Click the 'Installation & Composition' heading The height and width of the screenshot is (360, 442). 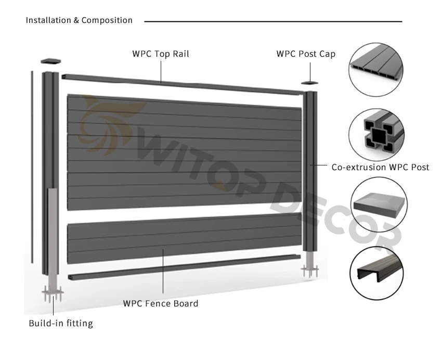coord(79,20)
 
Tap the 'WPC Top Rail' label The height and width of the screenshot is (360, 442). coord(160,54)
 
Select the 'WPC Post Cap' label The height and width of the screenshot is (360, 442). coord(306,54)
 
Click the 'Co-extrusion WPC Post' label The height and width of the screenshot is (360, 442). coord(380,168)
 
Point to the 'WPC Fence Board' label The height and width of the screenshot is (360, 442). coord(160,303)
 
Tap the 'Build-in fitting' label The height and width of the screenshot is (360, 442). coord(60,324)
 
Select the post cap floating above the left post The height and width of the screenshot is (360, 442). coord(51,61)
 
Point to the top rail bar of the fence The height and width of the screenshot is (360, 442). coord(182,83)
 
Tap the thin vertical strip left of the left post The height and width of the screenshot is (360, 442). coord(33,166)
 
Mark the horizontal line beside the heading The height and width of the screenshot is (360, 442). coord(273,21)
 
